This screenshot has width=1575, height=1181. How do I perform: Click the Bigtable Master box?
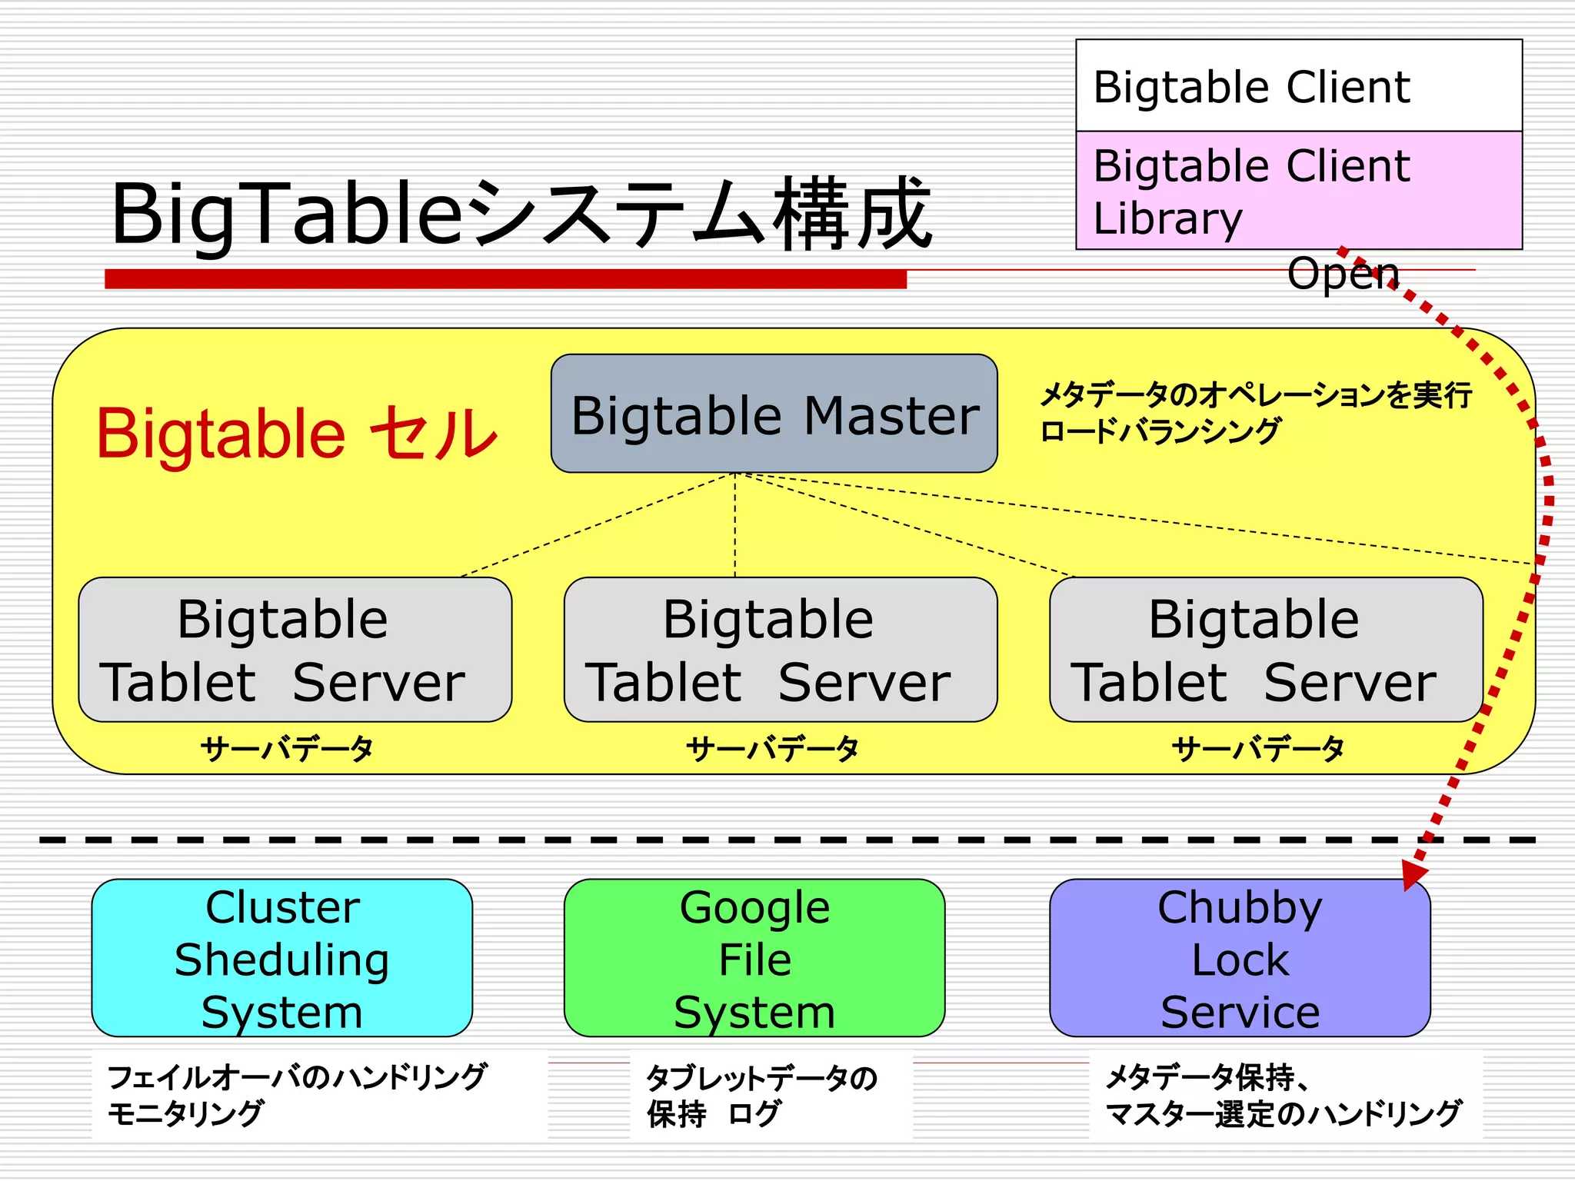point(774,414)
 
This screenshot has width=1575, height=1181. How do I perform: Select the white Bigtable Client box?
point(1298,86)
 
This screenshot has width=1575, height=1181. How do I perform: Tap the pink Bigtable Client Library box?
point(1298,191)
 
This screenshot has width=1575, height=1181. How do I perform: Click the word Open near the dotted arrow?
point(1343,274)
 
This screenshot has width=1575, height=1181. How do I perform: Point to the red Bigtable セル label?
point(296,434)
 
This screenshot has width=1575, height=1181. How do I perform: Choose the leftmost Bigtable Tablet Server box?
point(295,650)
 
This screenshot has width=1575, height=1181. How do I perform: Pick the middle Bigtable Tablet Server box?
point(780,650)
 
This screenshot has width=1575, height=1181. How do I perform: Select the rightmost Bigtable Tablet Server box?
point(1265,650)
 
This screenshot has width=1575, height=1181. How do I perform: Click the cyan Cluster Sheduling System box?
point(281,958)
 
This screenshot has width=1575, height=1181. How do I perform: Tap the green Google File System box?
point(754,958)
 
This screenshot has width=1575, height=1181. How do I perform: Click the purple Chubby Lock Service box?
point(1239,958)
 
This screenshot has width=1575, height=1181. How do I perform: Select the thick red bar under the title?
point(505,278)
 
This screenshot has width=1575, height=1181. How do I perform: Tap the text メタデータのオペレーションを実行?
point(1254,395)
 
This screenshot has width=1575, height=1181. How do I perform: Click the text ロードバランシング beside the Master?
point(1160,431)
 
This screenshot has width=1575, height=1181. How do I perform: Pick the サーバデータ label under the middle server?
point(772,748)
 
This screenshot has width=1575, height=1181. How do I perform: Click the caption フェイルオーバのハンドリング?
point(297,1076)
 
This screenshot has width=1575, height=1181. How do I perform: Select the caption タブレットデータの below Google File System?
point(761,1078)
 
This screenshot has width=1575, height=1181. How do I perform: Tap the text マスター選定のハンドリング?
point(1283,1113)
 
